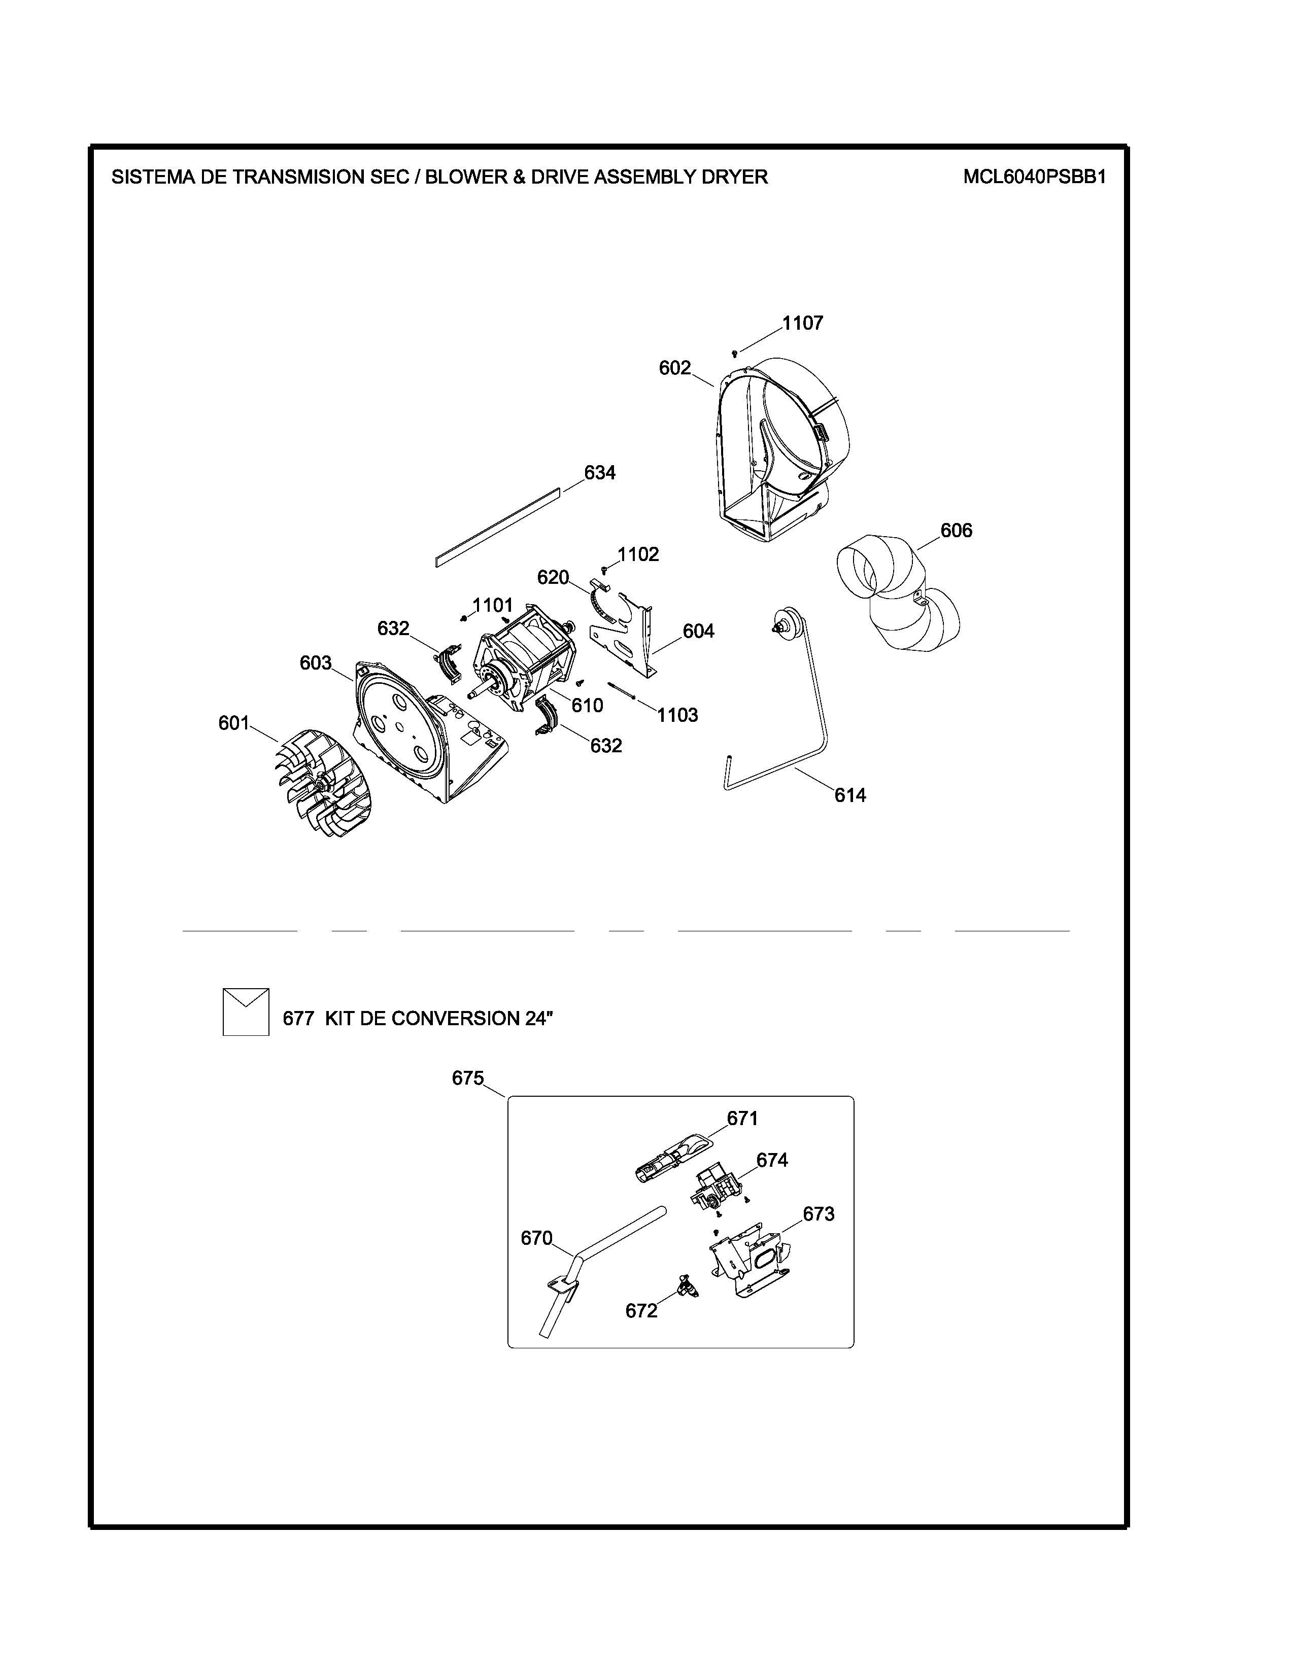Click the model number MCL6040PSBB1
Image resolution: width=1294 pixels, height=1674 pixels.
tap(1034, 177)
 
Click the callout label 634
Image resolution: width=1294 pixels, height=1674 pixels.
tap(599, 473)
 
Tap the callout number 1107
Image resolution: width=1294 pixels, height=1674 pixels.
tap(803, 324)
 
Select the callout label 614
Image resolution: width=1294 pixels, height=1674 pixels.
tap(850, 795)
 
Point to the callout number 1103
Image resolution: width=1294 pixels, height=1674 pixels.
tap(677, 715)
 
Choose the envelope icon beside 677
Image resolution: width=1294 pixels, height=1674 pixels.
tap(245, 1012)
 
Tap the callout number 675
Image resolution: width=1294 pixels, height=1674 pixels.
tap(468, 1078)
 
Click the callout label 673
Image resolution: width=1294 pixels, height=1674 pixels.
tap(819, 1214)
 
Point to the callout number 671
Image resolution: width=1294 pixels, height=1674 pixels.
tap(742, 1119)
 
